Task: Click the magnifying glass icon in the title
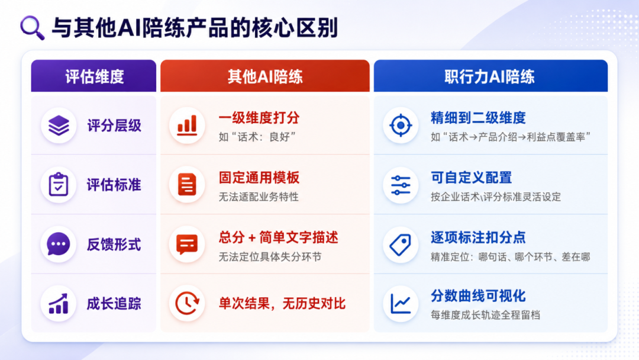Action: point(32,28)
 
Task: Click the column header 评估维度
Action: point(94,76)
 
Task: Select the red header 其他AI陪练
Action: point(265,76)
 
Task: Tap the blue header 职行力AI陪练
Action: point(489,76)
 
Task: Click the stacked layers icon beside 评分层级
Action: point(59,126)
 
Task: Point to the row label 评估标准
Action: point(114,185)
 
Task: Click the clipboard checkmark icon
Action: point(58,185)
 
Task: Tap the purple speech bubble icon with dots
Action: point(58,244)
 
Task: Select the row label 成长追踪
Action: point(114,304)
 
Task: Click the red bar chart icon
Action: point(187,125)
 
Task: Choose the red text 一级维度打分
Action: point(259,118)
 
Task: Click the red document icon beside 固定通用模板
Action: point(187,185)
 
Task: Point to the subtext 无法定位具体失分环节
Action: point(270,257)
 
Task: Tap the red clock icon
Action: point(187,304)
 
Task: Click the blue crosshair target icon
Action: point(401,125)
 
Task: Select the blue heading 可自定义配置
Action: point(471,178)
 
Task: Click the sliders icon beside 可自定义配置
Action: point(401,185)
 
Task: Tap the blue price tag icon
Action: point(400,245)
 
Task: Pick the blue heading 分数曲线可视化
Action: point(478,296)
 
